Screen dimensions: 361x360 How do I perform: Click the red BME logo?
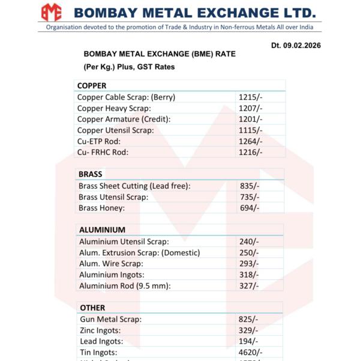(51, 11)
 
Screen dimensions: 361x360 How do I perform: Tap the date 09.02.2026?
(302, 46)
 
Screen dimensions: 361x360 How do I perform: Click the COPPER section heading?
(92, 86)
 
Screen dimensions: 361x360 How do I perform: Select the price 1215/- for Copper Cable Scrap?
(250, 97)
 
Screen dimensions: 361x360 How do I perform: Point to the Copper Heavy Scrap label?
(114, 108)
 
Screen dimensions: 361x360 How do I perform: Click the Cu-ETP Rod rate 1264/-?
(250, 141)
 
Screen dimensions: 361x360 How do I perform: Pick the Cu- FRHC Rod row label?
(103, 152)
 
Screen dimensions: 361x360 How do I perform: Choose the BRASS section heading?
(91, 174)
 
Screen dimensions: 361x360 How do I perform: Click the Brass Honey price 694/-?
(249, 208)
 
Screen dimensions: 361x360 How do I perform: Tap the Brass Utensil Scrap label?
(113, 197)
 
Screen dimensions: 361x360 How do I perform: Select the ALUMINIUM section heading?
(102, 229)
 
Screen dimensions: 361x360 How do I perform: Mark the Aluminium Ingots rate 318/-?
(249, 275)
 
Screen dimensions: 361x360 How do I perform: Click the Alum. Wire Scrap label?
(111, 264)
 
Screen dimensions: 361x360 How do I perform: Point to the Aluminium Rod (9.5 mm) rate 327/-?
(249, 285)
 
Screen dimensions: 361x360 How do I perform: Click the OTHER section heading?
(92, 308)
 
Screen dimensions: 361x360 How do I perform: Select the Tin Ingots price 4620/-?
(251, 352)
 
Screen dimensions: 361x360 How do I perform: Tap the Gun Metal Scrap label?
(110, 320)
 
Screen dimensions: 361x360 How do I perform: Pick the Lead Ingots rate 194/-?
(248, 341)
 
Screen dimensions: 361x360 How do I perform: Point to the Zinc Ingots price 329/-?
(248, 330)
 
